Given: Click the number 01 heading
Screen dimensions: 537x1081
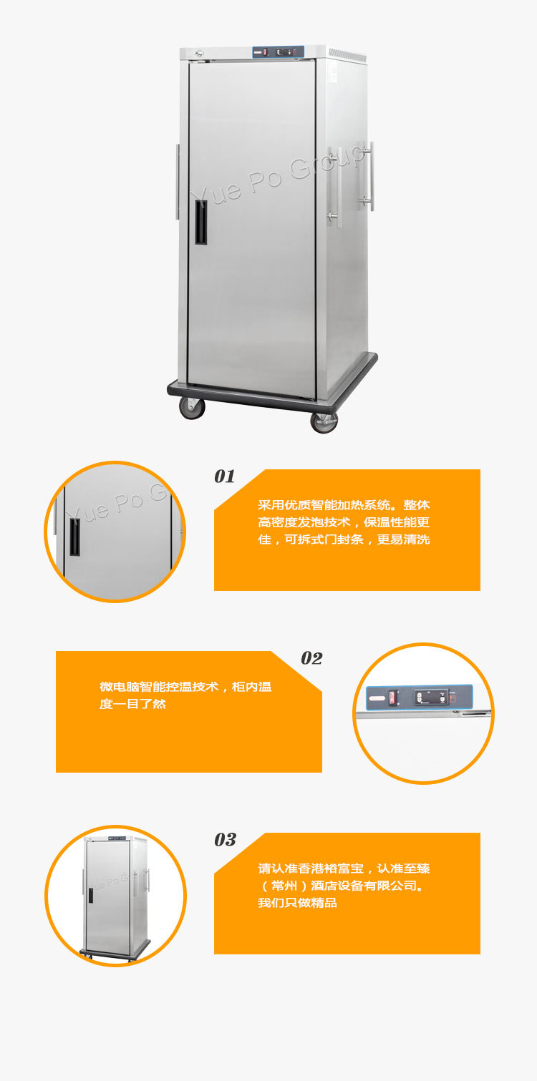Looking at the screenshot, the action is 225,476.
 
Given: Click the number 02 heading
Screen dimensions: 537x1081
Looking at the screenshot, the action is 311,657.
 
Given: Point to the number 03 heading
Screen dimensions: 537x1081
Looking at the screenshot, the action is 225,840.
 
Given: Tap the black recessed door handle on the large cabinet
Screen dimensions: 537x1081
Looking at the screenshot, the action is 201,222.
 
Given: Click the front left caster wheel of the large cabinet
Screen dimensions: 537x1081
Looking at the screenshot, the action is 192,407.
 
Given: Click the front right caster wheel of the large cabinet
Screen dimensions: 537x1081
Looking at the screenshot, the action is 324,422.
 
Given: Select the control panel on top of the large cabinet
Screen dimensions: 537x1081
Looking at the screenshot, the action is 278,52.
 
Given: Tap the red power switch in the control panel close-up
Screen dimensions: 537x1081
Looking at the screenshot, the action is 392,698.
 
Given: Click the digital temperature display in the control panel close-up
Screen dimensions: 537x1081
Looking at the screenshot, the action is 432,697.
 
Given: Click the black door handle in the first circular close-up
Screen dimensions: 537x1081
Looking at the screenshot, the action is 75,537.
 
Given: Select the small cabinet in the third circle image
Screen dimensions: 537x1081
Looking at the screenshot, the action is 115,899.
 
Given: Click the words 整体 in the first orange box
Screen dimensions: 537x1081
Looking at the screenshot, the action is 416,505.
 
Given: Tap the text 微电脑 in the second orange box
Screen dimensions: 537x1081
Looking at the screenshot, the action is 120,687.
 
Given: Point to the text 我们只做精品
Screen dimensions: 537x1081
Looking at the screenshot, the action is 297,903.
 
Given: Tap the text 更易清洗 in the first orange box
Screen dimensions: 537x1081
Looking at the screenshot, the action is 403,539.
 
